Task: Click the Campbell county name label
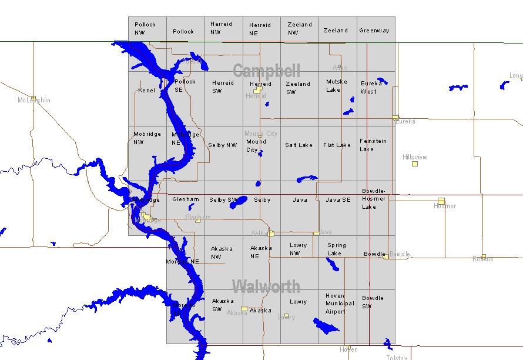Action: pos(266,71)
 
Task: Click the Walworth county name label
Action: pos(266,287)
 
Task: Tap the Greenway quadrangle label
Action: pos(374,31)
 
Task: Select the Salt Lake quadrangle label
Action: pos(299,145)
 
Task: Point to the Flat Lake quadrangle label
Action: pos(337,145)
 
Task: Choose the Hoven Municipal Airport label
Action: pos(340,304)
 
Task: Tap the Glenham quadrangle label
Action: pos(186,199)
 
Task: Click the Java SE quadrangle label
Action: pos(338,200)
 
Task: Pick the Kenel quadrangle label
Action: pos(147,91)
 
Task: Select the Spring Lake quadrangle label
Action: pos(337,249)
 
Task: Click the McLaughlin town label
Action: pos(34,100)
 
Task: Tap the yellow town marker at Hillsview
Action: pos(415,164)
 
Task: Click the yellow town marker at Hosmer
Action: pos(441,201)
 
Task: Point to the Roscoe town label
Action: pos(482,259)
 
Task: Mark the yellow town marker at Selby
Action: pos(271,234)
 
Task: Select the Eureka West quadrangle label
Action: pos(371,87)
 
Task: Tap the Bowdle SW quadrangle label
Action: pos(373,302)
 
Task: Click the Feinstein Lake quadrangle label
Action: pos(373,145)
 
